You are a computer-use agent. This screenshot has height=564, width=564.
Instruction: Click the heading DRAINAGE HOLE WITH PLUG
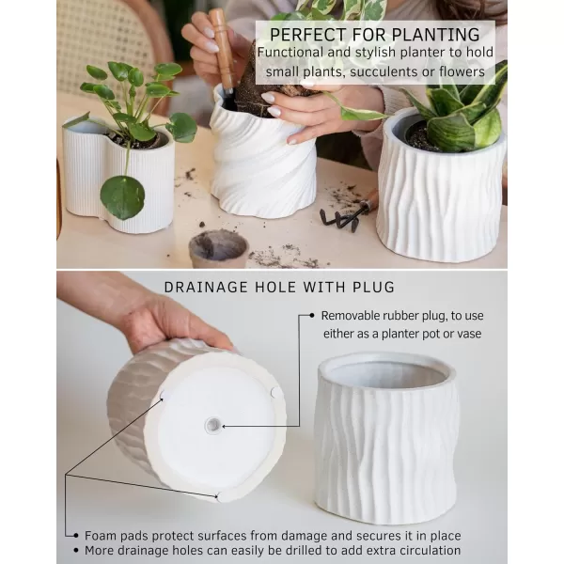point(279,287)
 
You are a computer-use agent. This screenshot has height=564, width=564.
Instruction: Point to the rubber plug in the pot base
point(213,425)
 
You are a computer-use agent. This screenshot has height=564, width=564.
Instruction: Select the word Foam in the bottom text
point(102,534)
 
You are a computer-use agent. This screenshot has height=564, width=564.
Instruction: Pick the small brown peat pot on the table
point(218,248)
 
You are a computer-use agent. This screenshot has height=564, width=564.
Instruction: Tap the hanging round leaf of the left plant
point(122,196)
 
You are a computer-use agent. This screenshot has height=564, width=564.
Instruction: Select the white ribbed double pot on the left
point(119,179)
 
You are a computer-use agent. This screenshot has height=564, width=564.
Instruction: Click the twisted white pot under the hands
point(260,164)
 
